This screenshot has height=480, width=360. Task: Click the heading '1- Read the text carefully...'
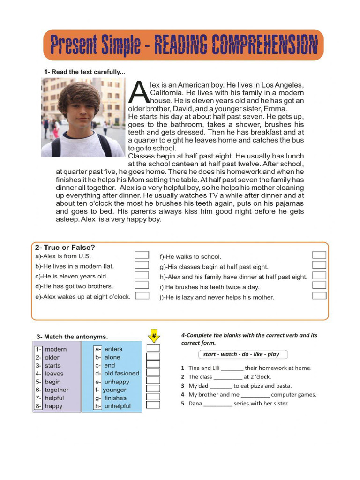pyautogui.click(x=84, y=72)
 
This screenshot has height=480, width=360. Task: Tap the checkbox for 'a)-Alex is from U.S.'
pyautogui.click(x=142, y=255)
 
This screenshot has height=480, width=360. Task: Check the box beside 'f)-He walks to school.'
pyautogui.click(x=319, y=255)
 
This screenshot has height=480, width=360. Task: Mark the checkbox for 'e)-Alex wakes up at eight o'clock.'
pyautogui.click(x=142, y=296)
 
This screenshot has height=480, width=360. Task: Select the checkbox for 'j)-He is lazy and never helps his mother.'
pyautogui.click(x=319, y=296)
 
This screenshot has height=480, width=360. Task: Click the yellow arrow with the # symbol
pyautogui.click(x=153, y=336)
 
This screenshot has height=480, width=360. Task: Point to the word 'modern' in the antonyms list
pyautogui.click(x=56, y=349)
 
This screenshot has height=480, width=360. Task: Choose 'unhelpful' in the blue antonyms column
pyautogui.click(x=118, y=406)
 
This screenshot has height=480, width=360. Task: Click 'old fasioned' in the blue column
pyautogui.click(x=121, y=374)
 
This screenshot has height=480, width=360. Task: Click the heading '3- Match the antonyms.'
pyautogui.click(x=72, y=337)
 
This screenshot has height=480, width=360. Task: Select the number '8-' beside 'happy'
pyautogui.click(x=38, y=406)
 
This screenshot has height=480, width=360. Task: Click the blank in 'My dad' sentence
pyautogui.click(x=221, y=386)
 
